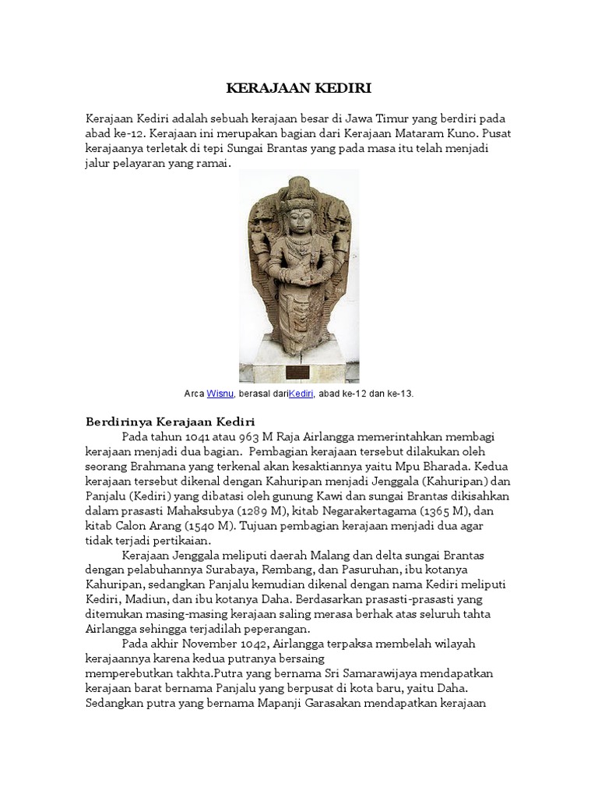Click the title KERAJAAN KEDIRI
(298, 88)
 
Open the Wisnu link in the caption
(220, 394)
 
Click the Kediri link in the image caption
(301, 394)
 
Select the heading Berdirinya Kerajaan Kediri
(170, 422)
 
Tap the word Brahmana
(161, 466)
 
